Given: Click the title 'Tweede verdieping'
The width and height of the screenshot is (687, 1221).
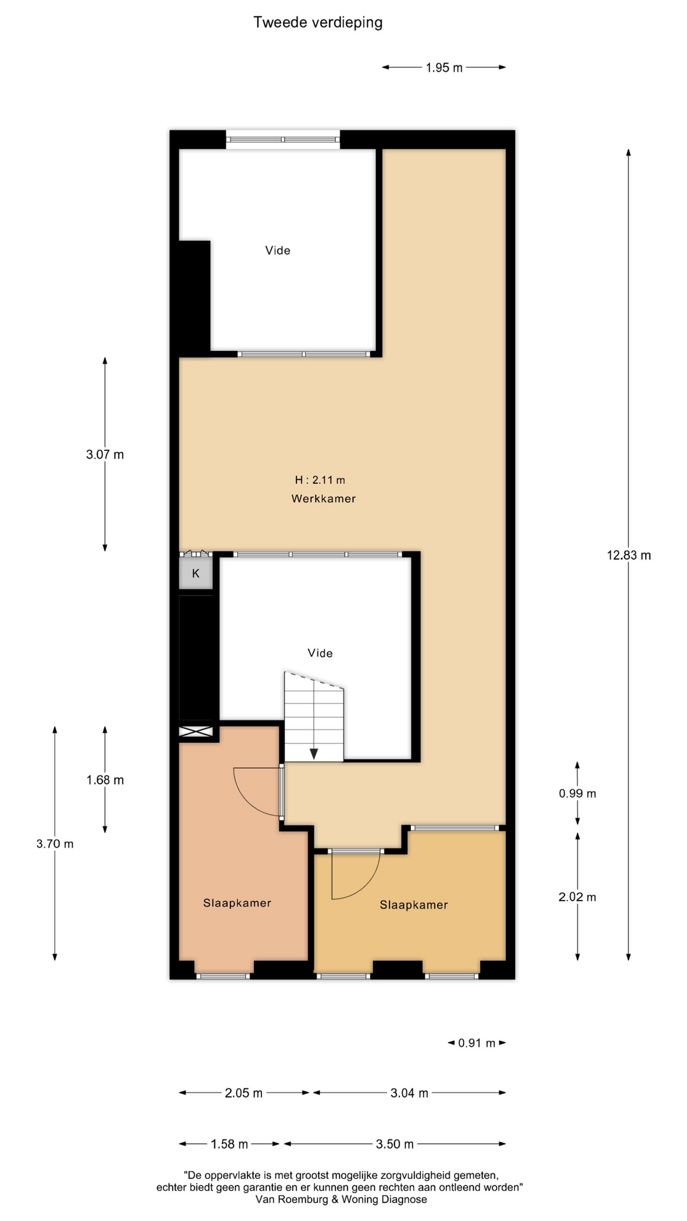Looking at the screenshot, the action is point(318,23).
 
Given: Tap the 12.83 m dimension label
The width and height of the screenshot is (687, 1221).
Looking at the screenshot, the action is point(628,555).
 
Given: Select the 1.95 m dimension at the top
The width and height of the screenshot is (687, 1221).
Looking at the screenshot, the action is point(444,67).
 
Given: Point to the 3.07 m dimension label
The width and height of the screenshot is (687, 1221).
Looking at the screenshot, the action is point(105,455).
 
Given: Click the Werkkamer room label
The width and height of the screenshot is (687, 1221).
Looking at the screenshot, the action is point(323,499).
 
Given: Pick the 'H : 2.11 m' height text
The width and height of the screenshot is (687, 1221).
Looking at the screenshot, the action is point(320,480).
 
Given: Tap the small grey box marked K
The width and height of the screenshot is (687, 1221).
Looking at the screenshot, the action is point(195,573).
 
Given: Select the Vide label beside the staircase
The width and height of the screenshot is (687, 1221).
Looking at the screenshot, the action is point(320,653).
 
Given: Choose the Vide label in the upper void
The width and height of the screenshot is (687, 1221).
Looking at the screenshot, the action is point(278,251).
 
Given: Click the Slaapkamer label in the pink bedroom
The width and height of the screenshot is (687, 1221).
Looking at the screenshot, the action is point(237,903).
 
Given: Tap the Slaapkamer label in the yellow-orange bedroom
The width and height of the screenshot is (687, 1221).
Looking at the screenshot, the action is point(414,905).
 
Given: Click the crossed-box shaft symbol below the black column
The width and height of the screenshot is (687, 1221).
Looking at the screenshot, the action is point(196,732).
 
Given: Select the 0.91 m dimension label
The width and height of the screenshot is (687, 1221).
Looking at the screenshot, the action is point(476,1043).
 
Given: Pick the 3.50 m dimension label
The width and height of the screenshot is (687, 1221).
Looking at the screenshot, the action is point(394,1144).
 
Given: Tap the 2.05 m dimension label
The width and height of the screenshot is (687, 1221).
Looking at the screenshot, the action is point(244,1093).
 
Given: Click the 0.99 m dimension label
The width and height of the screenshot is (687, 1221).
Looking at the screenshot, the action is point(578,793).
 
